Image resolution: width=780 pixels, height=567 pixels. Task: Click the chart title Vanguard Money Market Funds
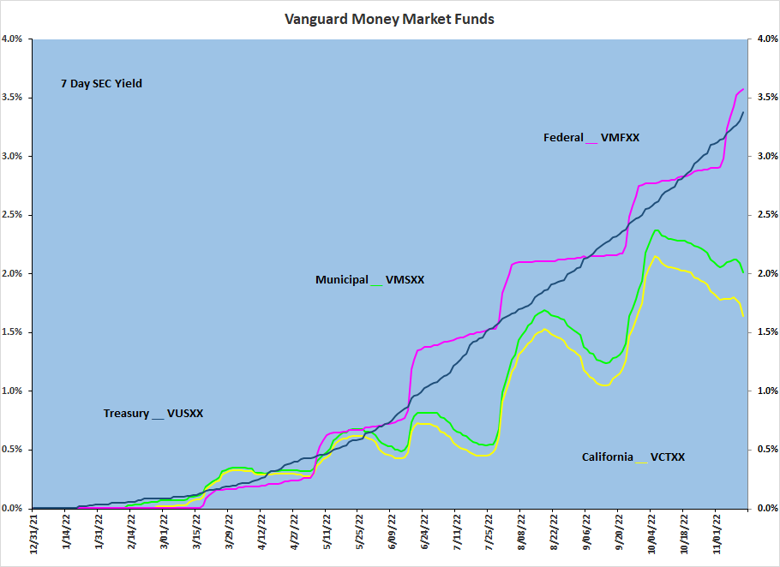click(x=389, y=18)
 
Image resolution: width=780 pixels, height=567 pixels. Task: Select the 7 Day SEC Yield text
click(x=101, y=84)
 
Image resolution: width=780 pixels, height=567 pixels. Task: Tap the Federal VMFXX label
click(x=591, y=137)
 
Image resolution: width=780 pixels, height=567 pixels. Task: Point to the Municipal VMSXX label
click(x=369, y=279)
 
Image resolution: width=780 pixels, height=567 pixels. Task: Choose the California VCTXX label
click(x=633, y=457)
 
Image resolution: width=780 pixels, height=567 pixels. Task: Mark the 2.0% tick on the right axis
click(x=765, y=273)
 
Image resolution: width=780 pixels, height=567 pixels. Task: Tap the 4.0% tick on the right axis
click(x=765, y=39)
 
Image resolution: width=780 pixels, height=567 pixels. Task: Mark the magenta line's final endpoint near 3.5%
click(x=743, y=89)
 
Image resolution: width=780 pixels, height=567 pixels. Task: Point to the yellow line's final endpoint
click(x=743, y=315)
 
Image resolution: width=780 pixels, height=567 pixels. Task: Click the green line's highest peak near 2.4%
click(x=657, y=230)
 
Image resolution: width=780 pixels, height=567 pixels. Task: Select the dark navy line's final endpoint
click(x=743, y=111)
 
